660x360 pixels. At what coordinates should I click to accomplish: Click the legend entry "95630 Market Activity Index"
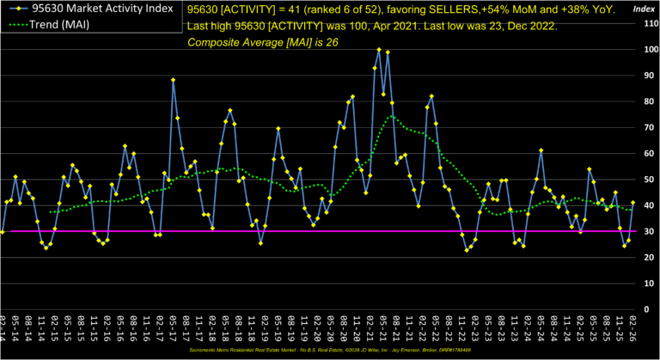click(95, 9)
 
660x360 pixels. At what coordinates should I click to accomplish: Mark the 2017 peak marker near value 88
click(174, 80)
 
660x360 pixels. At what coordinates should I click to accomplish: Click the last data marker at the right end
click(633, 203)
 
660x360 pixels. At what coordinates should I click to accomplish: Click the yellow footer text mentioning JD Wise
click(330, 351)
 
